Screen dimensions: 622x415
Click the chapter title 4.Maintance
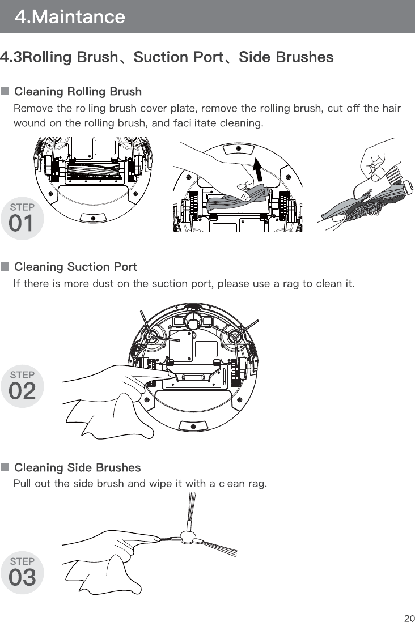(70, 17)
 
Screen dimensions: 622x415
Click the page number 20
(409, 617)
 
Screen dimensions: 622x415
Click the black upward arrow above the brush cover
(258, 169)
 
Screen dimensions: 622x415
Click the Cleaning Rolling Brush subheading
(78, 91)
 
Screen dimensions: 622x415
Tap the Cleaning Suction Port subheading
(75, 266)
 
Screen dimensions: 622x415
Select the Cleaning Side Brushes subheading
(77, 467)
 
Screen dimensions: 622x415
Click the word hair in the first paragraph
(391, 108)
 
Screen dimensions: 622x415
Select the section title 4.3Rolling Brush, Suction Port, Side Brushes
(167, 57)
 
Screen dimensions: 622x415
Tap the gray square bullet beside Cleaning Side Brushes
(5, 467)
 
